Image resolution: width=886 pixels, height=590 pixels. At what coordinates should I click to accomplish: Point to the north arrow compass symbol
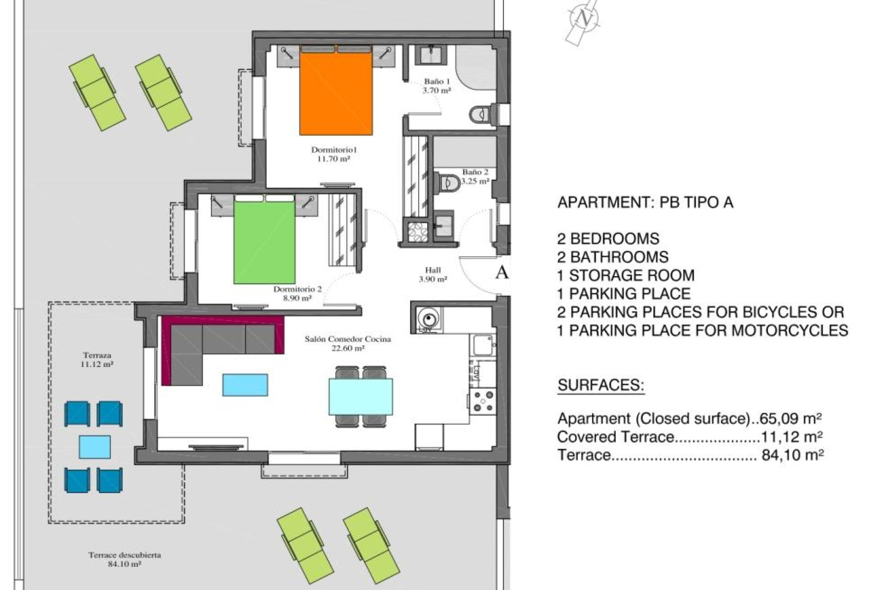pos(584,20)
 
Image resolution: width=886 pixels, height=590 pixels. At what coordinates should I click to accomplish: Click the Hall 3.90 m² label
pos(432,274)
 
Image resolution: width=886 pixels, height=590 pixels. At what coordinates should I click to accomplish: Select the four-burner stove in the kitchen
pos(483,401)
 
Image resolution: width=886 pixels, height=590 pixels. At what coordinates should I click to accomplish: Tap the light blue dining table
pos(360,396)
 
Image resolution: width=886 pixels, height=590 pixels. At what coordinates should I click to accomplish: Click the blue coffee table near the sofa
pos(245,385)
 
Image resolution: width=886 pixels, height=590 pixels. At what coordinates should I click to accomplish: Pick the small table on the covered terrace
pos(95,447)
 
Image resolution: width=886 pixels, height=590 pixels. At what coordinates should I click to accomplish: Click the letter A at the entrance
pos(501,272)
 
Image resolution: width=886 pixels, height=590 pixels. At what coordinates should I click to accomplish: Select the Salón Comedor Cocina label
pos(347,343)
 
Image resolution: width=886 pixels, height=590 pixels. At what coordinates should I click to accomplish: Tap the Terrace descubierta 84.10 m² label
pos(125,559)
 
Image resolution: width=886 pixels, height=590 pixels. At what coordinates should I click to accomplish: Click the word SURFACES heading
pos(600,385)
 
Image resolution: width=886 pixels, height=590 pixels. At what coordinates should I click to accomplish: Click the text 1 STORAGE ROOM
pos(625,275)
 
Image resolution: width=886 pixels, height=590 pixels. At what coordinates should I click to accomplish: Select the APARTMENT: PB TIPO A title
pos(645,202)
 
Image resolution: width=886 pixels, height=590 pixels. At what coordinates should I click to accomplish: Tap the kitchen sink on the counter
pos(483,344)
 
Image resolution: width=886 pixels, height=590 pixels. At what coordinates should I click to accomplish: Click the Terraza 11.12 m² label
pos(97,360)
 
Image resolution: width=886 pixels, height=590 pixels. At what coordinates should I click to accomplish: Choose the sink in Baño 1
pos(432,54)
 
